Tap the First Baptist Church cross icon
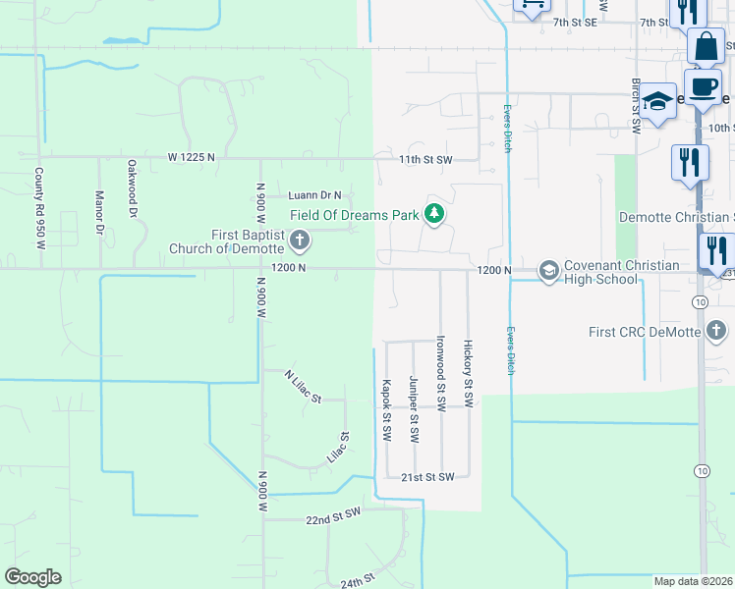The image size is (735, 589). tap(301, 240)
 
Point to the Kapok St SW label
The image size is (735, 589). tap(386, 410)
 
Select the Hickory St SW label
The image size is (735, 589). tap(469, 374)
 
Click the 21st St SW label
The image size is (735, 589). tap(427, 477)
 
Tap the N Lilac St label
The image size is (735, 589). tap(303, 386)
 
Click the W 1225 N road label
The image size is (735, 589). tap(191, 157)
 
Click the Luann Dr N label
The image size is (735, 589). tap(314, 195)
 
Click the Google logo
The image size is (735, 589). tap(32, 577)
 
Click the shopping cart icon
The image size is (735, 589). tap(532, 6)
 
